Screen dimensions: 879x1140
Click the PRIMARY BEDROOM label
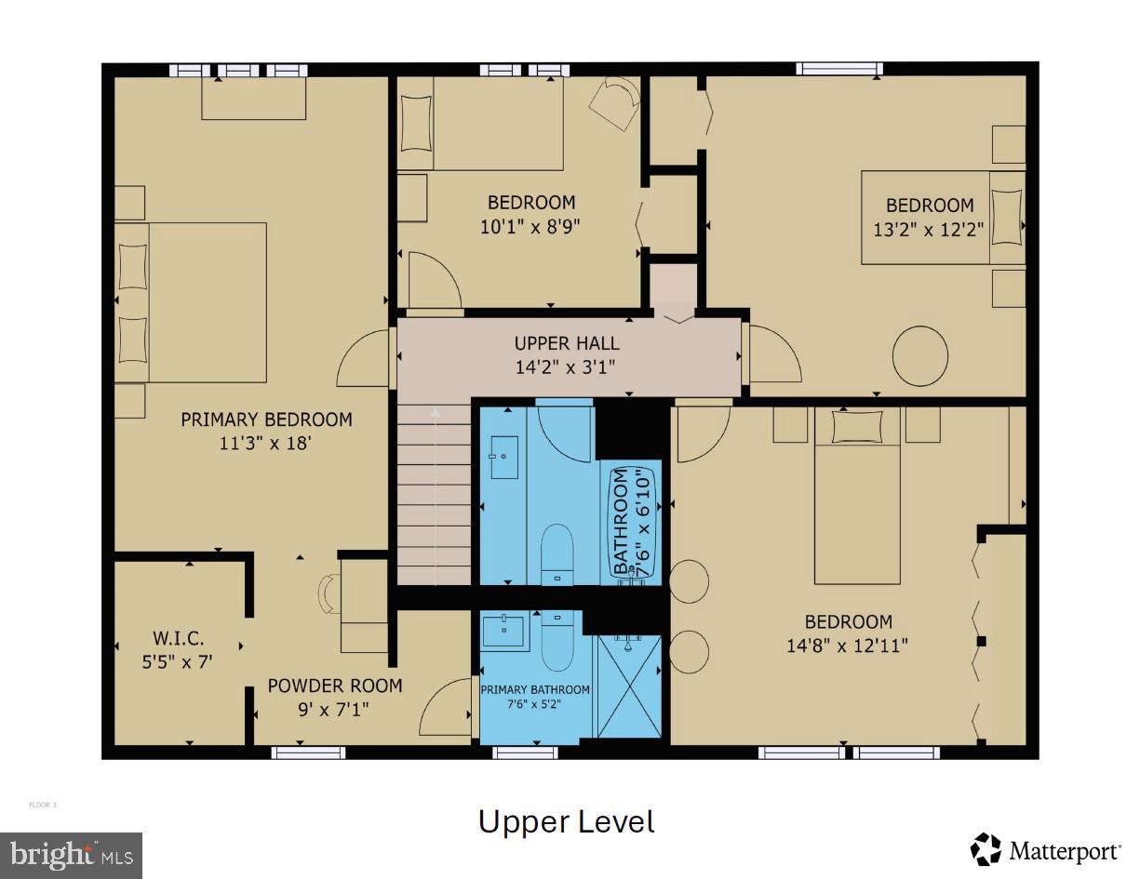[x=266, y=420]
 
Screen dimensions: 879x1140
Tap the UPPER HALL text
[x=566, y=344]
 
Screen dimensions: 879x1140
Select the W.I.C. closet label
[x=178, y=639]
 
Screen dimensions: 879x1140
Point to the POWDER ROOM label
[x=335, y=686]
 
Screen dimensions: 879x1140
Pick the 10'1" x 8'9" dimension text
[x=531, y=226]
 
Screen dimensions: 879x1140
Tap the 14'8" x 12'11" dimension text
[x=848, y=645]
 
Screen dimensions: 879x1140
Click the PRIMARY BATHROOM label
[x=535, y=690]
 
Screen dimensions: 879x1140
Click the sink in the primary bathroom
[x=505, y=632]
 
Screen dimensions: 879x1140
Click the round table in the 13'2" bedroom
[x=920, y=355]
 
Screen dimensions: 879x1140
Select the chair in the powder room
[x=329, y=593]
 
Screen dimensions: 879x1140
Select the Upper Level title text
[x=566, y=822]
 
